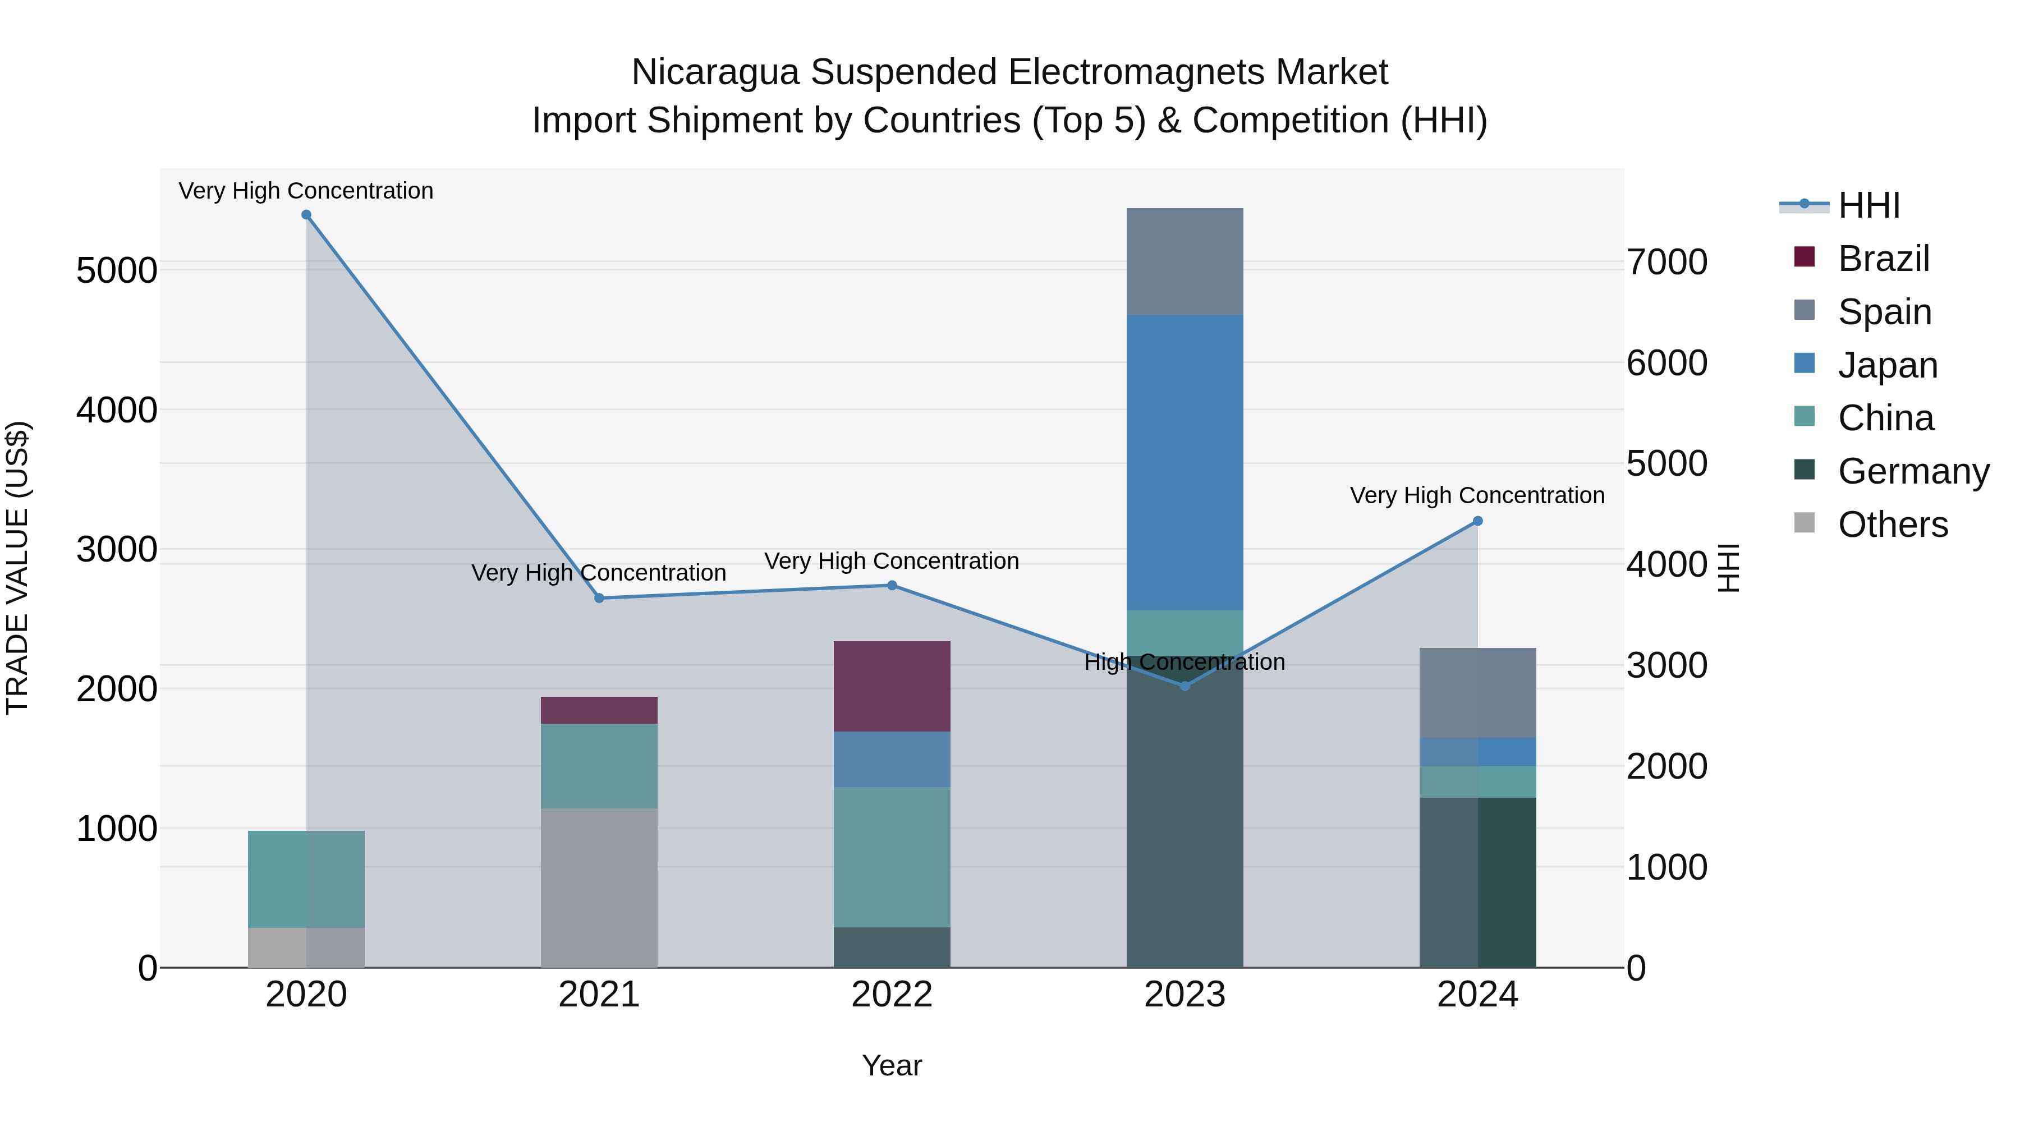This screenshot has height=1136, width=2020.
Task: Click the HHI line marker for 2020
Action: [306, 215]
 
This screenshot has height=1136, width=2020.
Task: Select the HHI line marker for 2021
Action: [599, 598]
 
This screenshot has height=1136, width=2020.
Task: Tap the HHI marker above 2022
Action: [892, 586]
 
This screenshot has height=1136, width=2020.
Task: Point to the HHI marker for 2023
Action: [1185, 686]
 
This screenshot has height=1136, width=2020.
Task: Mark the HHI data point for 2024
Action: [1477, 521]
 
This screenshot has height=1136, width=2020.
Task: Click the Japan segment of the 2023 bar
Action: [1185, 463]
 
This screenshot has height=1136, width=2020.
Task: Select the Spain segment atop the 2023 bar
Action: [1185, 262]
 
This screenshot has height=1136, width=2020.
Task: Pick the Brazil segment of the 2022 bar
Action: [892, 686]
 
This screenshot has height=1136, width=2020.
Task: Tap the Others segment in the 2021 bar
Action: [599, 887]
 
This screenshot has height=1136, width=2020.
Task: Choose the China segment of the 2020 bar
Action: [306, 879]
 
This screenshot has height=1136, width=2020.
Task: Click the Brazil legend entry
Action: [1883, 259]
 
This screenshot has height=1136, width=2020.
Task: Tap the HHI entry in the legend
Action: [1868, 205]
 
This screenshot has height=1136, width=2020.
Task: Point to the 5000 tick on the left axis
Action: [116, 270]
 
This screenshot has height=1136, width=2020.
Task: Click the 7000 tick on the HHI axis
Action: [1666, 262]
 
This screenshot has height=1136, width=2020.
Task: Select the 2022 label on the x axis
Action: [892, 995]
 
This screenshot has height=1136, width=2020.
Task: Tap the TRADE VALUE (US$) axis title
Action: [17, 568]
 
